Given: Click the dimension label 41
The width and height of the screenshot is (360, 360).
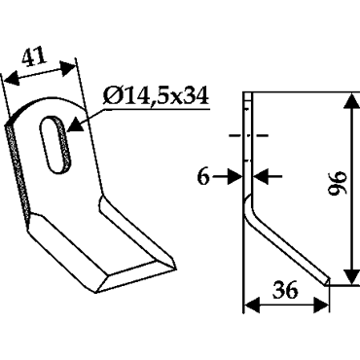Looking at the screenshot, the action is click(34, 57).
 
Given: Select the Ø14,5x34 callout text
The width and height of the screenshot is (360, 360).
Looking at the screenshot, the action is click(156, 96).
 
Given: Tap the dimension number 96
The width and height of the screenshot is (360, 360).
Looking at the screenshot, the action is click(338, 183).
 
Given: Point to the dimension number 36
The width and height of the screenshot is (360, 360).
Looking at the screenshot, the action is click(285, 290).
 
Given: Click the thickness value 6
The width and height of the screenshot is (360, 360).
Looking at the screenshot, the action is click(203, 177).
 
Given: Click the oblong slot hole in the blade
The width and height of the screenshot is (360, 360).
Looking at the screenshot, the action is click(55, 144).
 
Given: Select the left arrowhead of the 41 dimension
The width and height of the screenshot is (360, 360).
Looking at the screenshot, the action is click(12, 80).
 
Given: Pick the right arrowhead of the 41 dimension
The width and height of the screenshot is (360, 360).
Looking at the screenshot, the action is click(68, 67).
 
